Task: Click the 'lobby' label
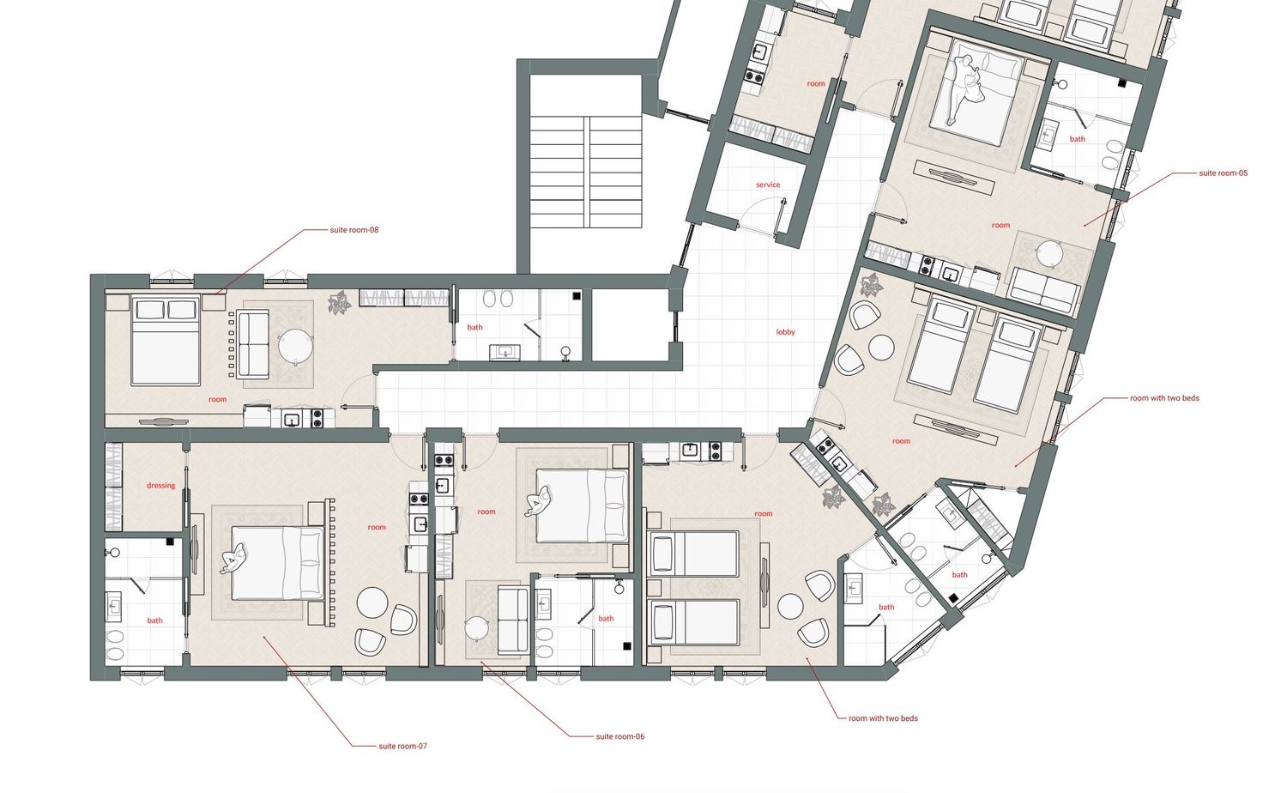coord(785,332)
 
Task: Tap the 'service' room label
coord(768,185)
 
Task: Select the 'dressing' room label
coord(161,486)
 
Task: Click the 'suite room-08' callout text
coord(353,230)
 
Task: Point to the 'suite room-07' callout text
coord(402,747)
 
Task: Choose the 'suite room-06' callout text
coord(620,736)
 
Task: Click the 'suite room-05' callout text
coord(1224,173)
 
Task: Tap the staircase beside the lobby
coord(585,172)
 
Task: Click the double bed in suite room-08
coord(166,340)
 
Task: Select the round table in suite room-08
coord(296,347)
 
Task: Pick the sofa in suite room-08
coord(253,344)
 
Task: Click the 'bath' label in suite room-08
coord(474,328)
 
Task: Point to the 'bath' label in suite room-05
coord(1078,139)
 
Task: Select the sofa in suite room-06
coord(513,620)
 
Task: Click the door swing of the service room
coord(758,208)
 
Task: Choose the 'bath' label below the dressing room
coord(154,620)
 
